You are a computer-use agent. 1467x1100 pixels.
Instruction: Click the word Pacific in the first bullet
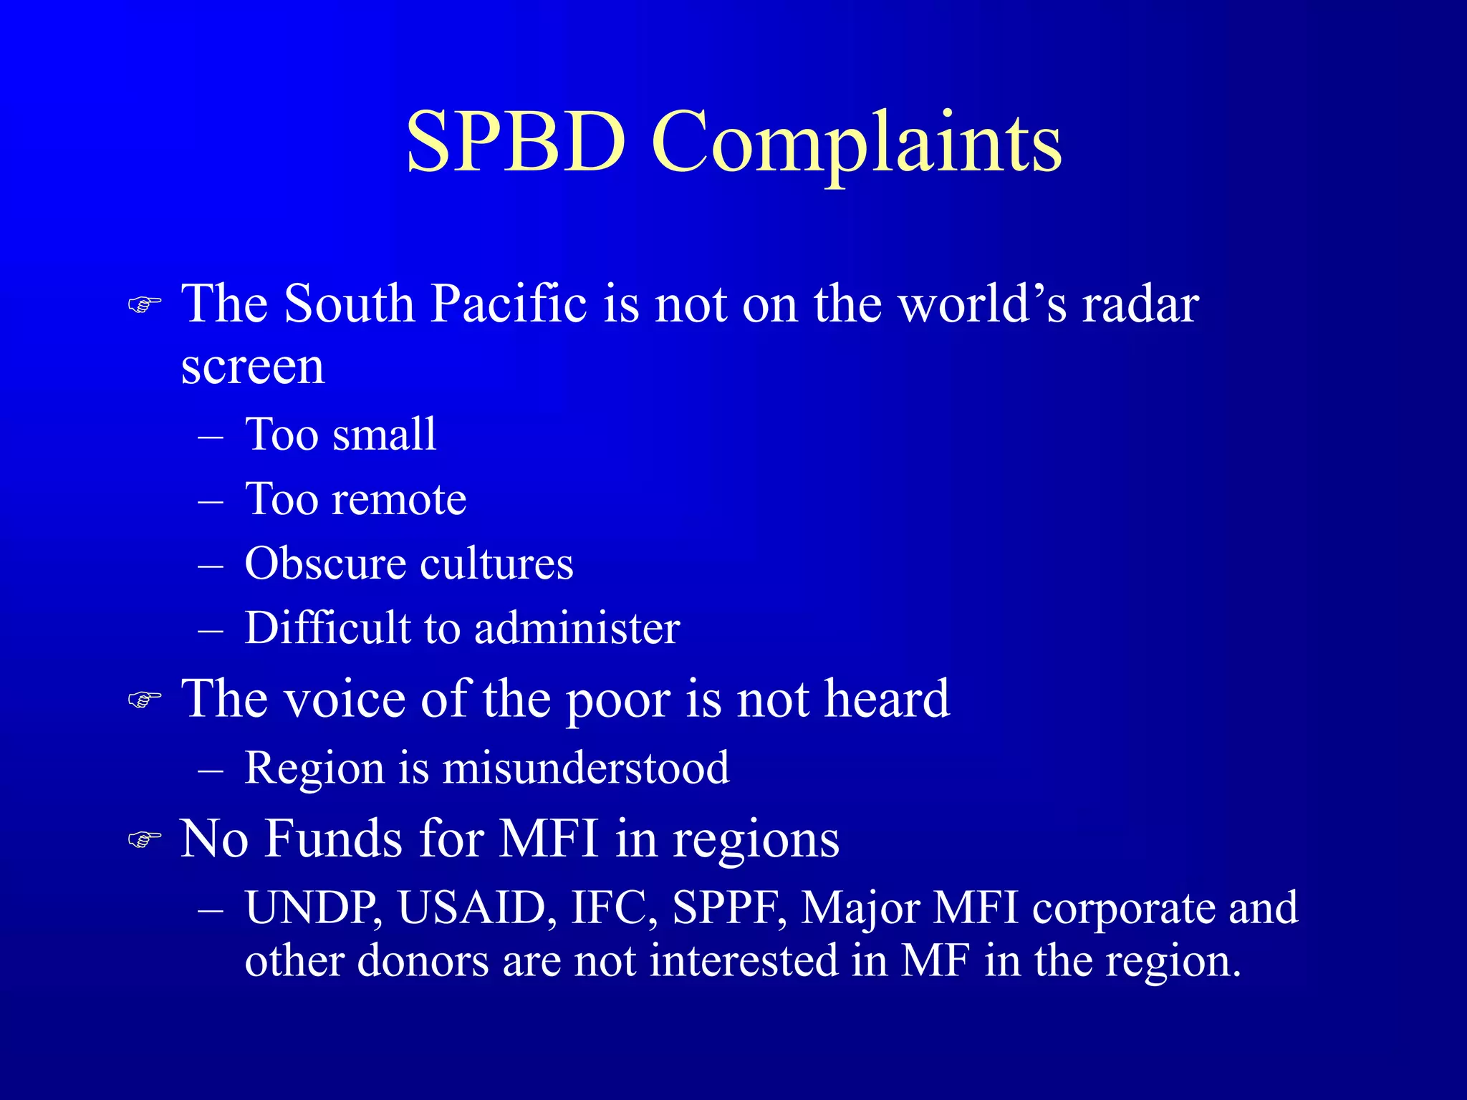pyautogui.click(x=509, y=304)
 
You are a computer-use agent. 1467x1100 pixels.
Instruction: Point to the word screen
pyautogui.click(x=252, y=367)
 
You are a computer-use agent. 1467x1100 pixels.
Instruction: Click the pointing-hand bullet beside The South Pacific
pyautogui.click(x=144, y=305)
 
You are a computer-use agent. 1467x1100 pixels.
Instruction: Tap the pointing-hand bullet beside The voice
pyautogui.click(x=144, y=700)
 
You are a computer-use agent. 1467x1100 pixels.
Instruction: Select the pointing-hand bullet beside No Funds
pyautogui.click(x=144, y=839)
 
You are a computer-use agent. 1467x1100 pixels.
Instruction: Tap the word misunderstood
pyautogui.click(x=586, y=768)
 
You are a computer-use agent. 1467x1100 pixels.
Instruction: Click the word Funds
pyautogui.click(x=333, y=839)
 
